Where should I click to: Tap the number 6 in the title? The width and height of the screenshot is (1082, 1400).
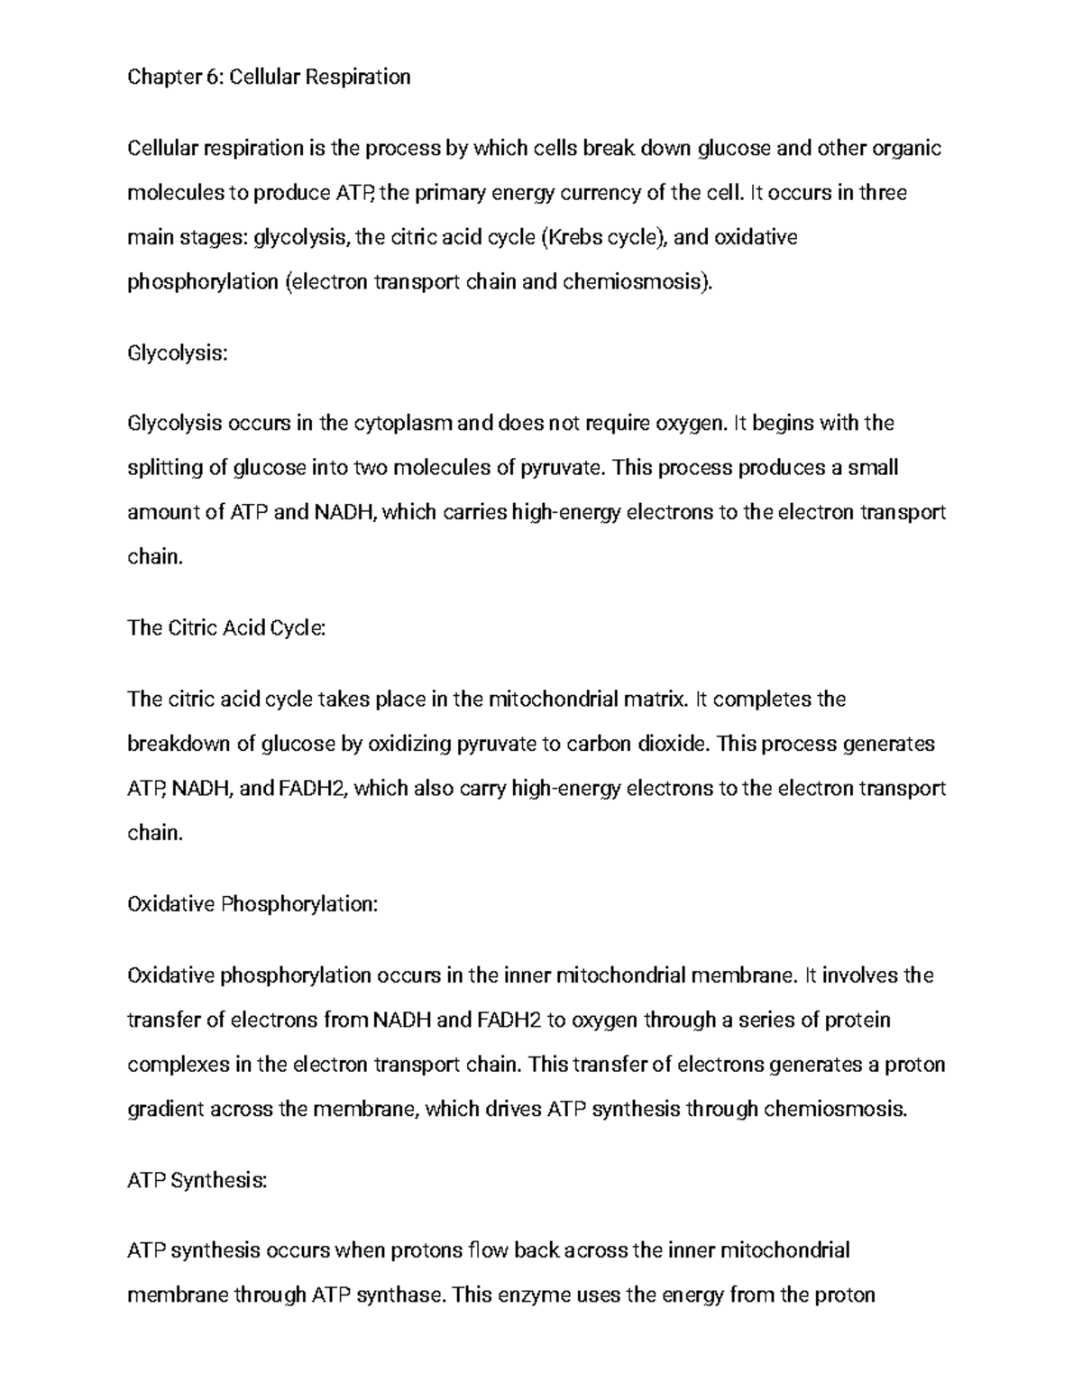click(x=213, y=78)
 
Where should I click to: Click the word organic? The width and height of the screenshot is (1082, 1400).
click(x=909, y=149)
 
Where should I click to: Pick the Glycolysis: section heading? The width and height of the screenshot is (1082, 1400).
click(x=178, y=353)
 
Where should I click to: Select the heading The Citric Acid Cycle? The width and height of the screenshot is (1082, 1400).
click(x=226, y=628)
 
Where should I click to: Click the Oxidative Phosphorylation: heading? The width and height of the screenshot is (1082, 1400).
click(x=252, y=904)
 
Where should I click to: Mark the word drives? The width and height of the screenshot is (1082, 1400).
click(x=513, y=1110)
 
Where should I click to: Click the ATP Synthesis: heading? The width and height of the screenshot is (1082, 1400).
click(x=197, y=1180)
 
